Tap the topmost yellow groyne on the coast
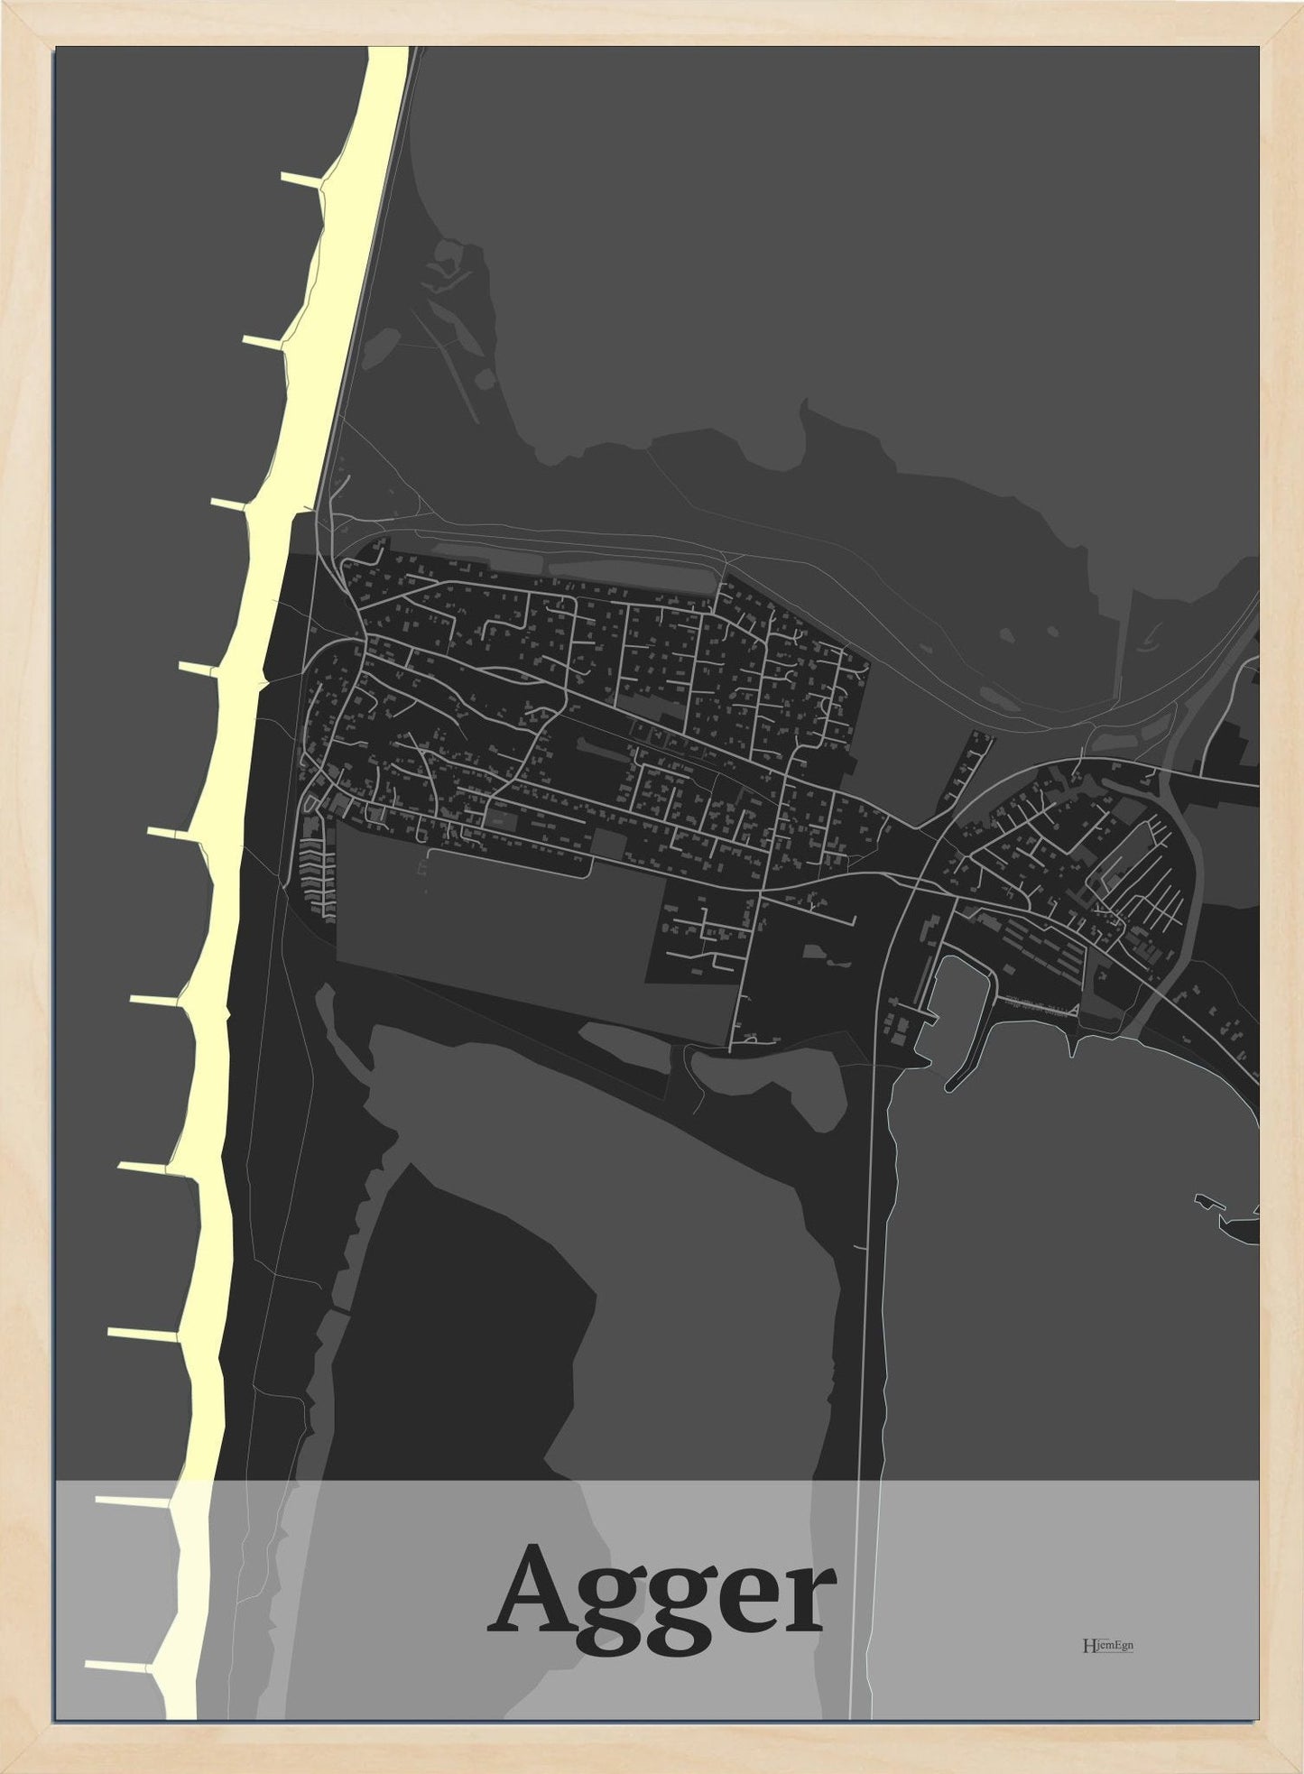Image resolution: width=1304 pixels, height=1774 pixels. [x=301, y=179]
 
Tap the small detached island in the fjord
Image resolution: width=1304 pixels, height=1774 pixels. [x=1206, y=1200]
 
